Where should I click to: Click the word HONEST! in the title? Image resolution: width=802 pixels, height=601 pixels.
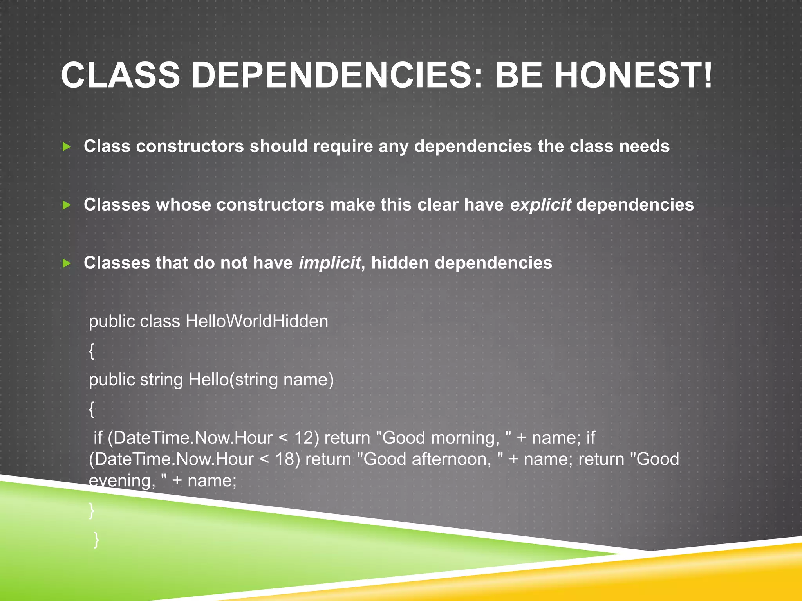(x=633, y=75)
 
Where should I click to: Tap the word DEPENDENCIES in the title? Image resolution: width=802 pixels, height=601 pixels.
(x=331, y=75)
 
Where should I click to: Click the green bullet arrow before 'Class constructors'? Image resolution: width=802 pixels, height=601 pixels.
(x=67, y=147)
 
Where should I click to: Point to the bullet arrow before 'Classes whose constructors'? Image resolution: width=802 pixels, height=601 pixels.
(x=67, y=205)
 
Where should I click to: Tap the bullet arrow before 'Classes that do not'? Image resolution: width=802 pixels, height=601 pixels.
(x=67, y=263)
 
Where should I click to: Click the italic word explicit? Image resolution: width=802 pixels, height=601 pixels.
(x=540, y=205)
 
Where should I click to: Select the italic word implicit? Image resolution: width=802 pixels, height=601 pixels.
(x=330, y=263)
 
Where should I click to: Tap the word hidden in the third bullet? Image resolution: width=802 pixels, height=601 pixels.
(x=400, y=263)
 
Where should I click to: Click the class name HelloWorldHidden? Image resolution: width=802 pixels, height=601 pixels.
(x=257, y=321)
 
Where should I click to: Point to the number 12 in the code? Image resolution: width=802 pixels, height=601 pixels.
(x=304, y=438)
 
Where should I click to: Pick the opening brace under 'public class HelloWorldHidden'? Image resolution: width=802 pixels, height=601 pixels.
(x=92, y=351)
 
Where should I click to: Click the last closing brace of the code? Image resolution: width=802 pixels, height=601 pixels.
(x=96, y=540)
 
